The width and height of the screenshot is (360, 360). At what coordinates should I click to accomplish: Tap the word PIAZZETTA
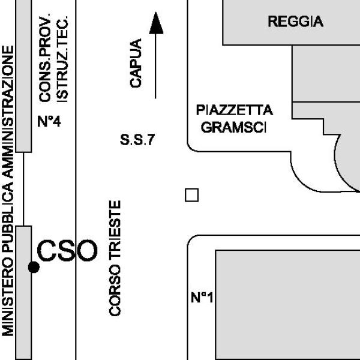(x=234, y=111)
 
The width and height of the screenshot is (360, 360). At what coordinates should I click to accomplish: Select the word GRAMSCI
(x=234, y=128)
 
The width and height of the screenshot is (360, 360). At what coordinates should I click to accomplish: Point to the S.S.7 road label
(x=138, y=142)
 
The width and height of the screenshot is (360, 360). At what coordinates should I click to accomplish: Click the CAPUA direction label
(x=136, y=64)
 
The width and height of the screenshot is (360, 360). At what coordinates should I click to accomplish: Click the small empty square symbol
(x=191, y=195)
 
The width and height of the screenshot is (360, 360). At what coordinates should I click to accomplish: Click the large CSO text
(x=67, y=251)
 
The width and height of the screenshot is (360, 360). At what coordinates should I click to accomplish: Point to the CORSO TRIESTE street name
(x=116, y=258)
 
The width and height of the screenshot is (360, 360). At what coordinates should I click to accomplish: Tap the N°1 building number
(x=202, y=297)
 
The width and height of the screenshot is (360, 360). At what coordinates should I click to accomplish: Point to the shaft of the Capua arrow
(x=156, y=66)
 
